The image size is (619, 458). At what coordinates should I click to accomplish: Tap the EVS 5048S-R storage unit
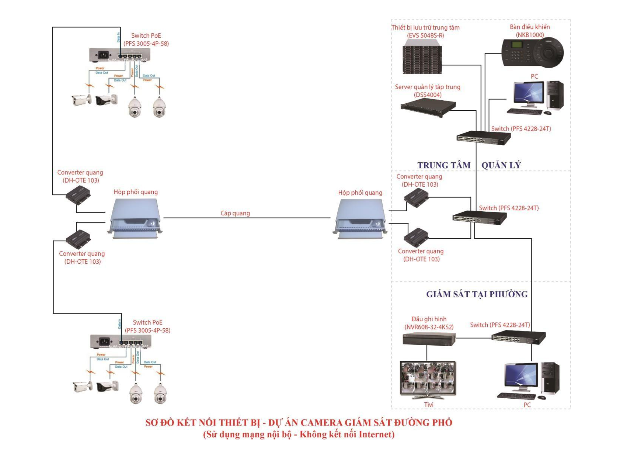pyautogui.click(x=422, y=56)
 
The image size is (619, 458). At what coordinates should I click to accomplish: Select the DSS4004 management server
pyautogui.click(x=428, y=108)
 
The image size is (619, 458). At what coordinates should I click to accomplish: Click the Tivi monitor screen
pyautogui.click(x=428, y=377)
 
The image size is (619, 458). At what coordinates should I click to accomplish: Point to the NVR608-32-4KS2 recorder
pyautogui.click(x=429, y=339)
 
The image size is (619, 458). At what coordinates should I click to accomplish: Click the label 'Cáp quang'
pyautogui.click(x=235, y=213)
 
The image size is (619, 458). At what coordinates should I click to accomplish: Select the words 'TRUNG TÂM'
pyautogui.click(x=444, y=165)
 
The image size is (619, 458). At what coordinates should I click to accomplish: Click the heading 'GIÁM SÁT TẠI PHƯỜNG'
pyautogui.click(x=476, y=294)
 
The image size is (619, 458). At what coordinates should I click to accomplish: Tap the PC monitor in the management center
pyautogui.click(x=528, y=92)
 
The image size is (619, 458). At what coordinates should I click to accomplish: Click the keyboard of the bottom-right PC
pyautogui.click(x=516, y=396)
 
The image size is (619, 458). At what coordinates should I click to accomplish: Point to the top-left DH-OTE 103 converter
pyautogui.click(x=78, y=195)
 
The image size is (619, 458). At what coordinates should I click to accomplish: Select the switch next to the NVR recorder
pyautogui.click(x=518, y=336)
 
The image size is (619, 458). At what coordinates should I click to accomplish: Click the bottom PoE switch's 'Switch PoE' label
pyautogui.click(x=147, y=322)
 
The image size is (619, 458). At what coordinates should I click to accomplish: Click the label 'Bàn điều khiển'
pyautogui.click(x=530, y=27)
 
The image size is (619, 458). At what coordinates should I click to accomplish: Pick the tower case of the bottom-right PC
pyautogui.click(x=550, y=378)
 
